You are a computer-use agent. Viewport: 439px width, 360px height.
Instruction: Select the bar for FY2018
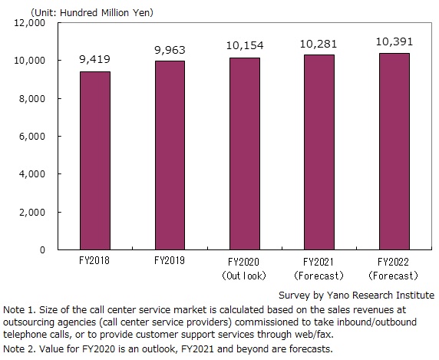point(95,160)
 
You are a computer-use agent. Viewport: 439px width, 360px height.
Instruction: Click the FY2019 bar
point(170,155)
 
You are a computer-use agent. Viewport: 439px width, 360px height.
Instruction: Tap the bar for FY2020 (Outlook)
point(245,154)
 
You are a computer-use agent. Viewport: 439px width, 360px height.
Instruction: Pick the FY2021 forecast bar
point(319,152)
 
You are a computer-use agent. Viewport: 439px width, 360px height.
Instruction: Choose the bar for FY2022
point(394,151)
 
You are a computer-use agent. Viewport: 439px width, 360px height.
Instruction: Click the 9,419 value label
point(95,59)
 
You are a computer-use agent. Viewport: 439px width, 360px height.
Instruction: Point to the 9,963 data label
point(170,50)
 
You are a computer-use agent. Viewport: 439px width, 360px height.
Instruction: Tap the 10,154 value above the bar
point(245,45)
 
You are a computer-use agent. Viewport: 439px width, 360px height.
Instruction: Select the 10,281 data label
point(319,44)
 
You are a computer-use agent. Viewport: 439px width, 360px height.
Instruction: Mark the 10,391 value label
point(394,42)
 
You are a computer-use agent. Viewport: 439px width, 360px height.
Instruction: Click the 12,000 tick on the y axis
point(29,23)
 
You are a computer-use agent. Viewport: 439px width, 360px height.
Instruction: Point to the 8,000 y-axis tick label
point(32,99)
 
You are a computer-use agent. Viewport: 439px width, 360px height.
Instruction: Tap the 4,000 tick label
point(32,174)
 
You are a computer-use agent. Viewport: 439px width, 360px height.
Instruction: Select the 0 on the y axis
point(42,249)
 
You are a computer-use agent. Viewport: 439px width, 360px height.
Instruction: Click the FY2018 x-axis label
point(94,261)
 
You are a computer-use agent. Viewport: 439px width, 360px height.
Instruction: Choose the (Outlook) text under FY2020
point(244,276)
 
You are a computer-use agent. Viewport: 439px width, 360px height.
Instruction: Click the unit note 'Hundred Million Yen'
point(107,13)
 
